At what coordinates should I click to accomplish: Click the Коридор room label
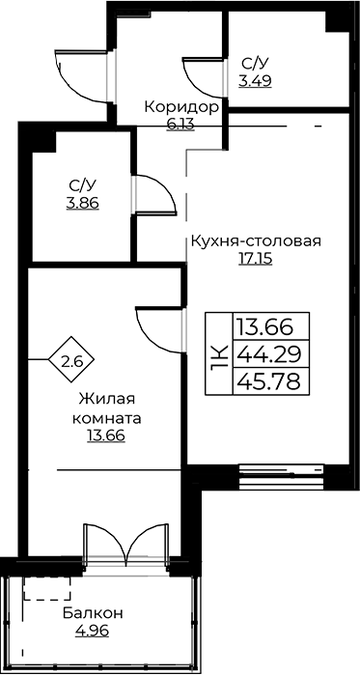[181, 106]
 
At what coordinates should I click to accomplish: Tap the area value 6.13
[180, 124]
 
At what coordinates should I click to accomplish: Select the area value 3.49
[256, 81]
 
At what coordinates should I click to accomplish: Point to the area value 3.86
[83, 203]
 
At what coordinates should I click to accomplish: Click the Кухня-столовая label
[256, 240]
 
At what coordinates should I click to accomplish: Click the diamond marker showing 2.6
[71, 359]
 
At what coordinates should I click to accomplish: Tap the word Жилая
[107, 399]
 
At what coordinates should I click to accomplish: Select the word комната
[107, 418]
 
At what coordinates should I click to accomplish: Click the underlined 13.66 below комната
[106, 436]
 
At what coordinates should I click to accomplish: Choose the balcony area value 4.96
[92, 632]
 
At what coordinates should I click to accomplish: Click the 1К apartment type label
[219, 353]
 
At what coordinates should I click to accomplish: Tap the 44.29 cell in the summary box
[270, 353]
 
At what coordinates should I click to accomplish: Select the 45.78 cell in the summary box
[270, 381]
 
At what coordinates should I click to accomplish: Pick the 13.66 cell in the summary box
[270, 326]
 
